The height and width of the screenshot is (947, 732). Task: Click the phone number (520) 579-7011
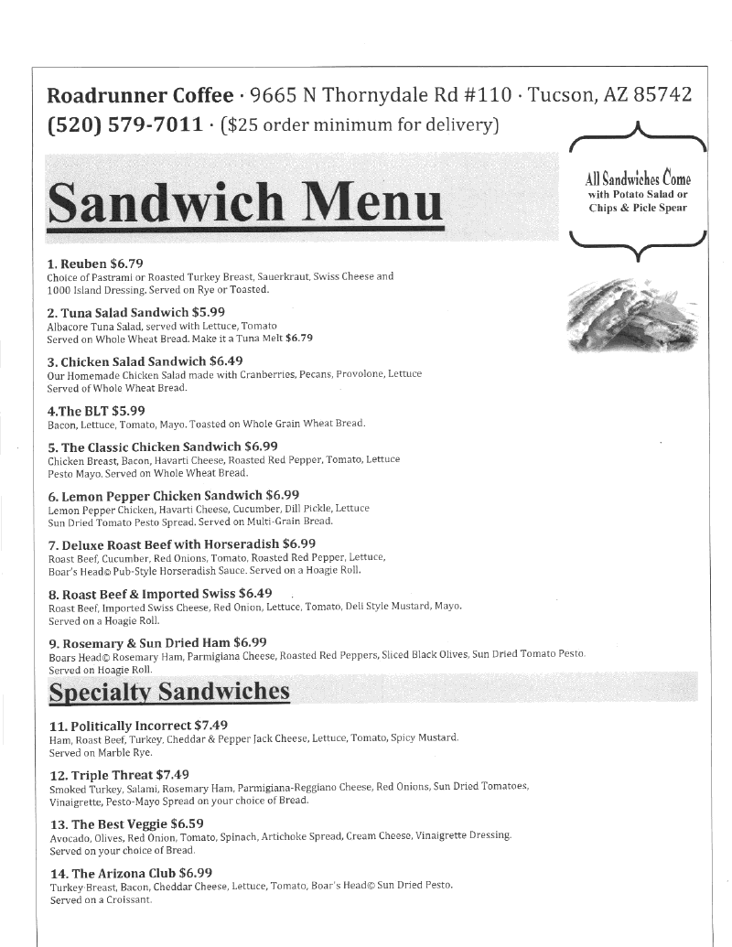pos(124,124)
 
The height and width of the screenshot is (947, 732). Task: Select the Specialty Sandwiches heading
pos(169,692)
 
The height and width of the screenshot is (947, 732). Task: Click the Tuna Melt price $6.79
pos(299,338)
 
